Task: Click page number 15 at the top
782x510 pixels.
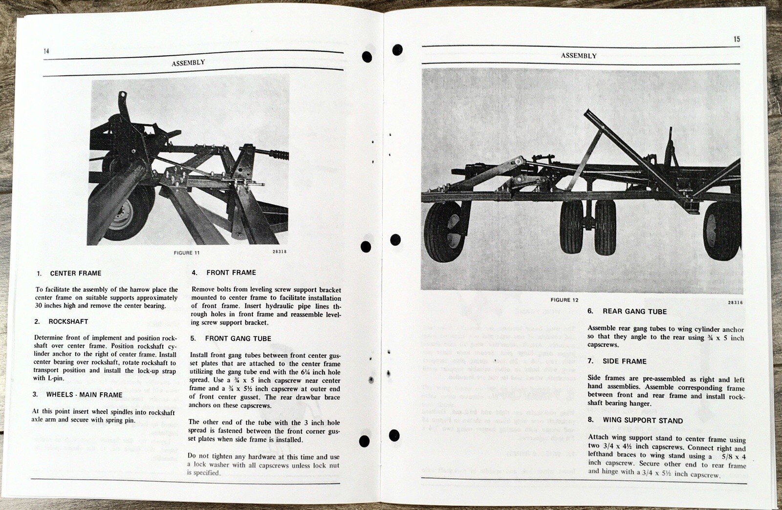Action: point(737,39)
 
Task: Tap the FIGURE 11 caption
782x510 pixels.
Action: point(186,253)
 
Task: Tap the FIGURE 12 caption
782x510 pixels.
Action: point(564,300)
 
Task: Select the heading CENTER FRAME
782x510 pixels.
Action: point(76,274)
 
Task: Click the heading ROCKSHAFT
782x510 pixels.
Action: point(68,322)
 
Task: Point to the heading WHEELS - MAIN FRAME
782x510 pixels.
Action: point(84,395)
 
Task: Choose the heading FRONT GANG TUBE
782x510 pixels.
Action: point(238,339)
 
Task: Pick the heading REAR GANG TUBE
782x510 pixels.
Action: point(634,311)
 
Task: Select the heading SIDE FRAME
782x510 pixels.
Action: point(624,361)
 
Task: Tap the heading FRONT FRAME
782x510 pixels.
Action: point(231,273)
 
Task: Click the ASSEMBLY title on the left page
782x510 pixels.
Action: point(188,63)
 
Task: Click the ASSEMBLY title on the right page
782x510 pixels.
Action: point(579,56)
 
